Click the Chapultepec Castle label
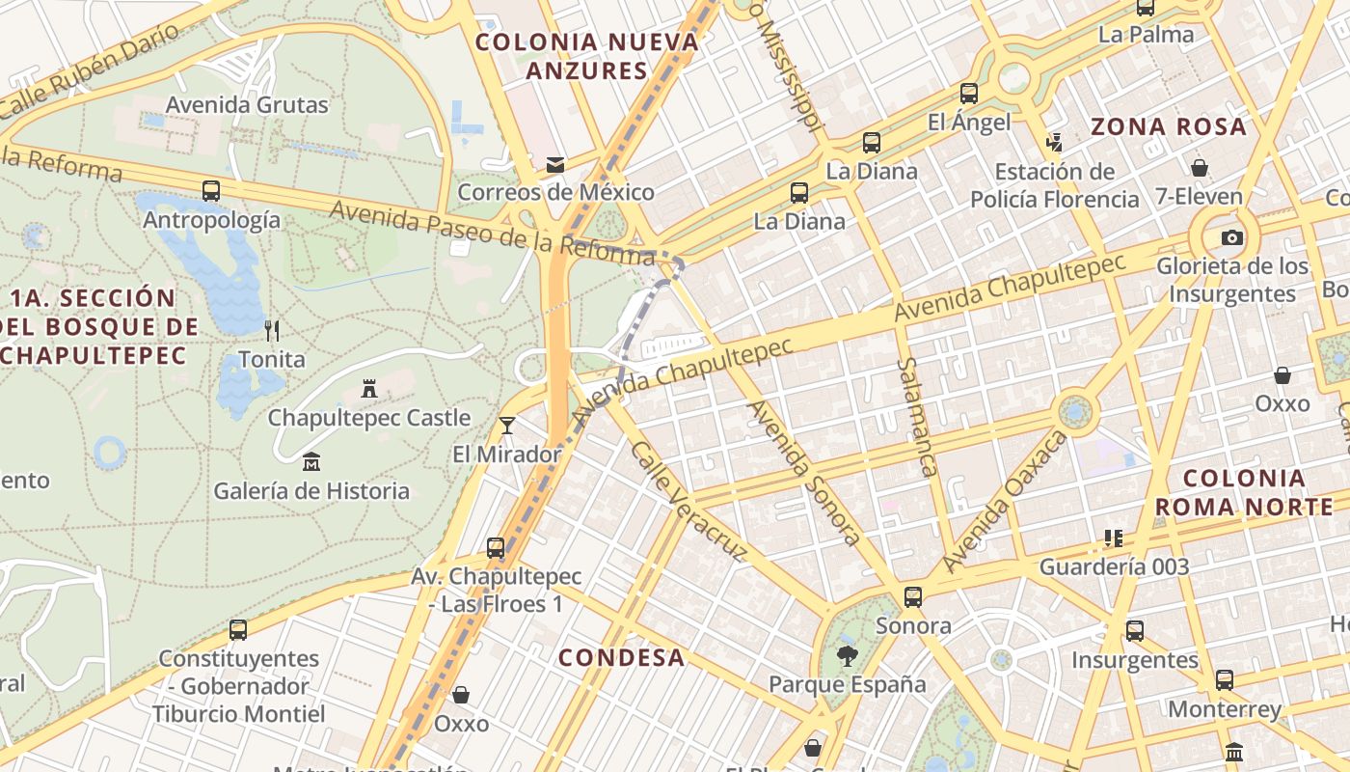[368, 418]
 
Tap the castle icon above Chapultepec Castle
[368, 389]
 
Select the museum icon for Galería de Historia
[311, 462]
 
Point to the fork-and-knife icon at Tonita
[272, 331]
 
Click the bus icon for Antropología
[211, 191]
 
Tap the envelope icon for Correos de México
[555, 164]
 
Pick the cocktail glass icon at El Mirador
[507, 426]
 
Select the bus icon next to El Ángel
[969, 94]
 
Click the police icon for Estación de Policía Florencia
[1054, 143]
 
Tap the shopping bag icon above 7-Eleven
[1200, 168]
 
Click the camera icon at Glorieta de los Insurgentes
[1231, 237]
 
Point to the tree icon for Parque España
[847, 656]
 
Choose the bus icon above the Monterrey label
[1225, 680]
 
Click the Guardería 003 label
[1114, 566]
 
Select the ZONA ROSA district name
[1168, 126]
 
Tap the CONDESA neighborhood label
[622, 658]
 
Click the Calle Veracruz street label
[688, 501]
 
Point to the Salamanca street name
[917, 417]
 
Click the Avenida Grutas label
[247, 104]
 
